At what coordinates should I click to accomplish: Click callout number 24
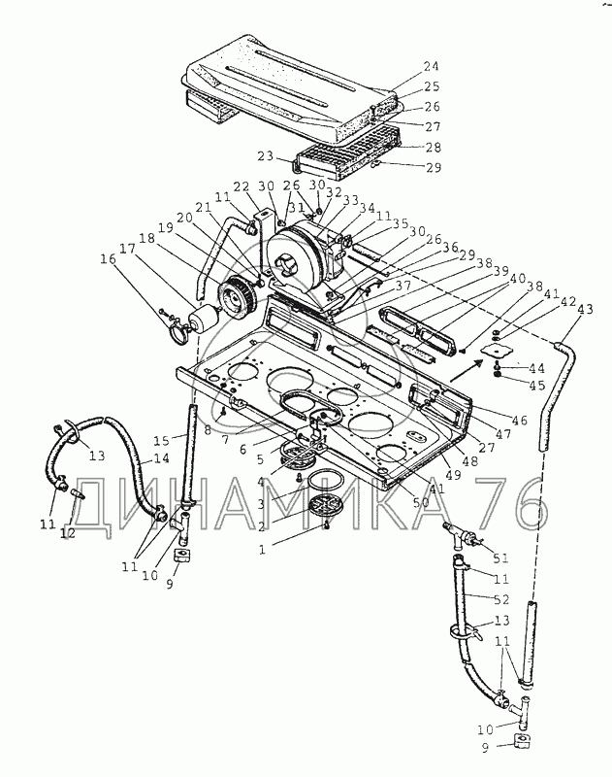click(x=431, y=67)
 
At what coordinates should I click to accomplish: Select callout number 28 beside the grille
click(x=433, y=147)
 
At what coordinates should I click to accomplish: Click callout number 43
click(x=585, y=309)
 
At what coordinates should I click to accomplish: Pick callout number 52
click(x=501, y=600)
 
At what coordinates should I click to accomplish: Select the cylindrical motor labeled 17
click(x=206, y=321)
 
